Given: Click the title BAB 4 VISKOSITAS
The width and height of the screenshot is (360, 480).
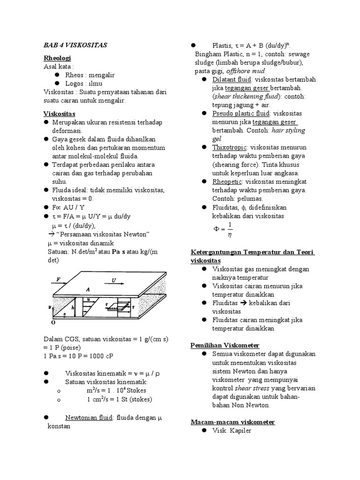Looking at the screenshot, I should coord(75,45).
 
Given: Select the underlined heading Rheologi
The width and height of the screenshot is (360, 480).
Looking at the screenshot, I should coord(57,58).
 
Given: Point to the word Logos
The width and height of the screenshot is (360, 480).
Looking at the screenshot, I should coord(75,83).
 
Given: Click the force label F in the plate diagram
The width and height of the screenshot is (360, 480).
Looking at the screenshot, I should coord(59,280).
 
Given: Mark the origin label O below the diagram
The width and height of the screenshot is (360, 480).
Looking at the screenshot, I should coord(52,323).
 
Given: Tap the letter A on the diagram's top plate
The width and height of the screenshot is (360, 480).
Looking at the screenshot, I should coord(87,289).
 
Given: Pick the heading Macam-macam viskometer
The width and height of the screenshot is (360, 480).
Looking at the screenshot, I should coord(232,422).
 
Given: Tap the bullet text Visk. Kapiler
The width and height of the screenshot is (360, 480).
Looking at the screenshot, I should coord(232,430).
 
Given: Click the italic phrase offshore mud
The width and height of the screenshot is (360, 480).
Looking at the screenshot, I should coord(246,71).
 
